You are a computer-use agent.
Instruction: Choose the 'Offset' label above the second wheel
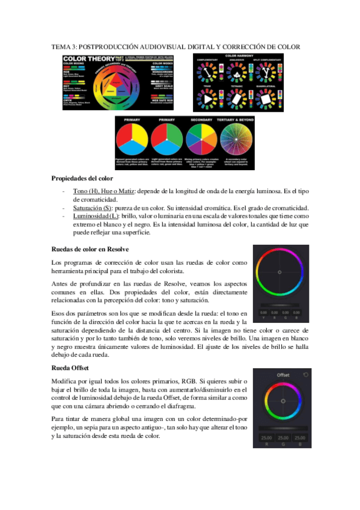pyautogui.click(x=282, y=375)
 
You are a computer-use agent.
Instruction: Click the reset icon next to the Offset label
pyautogui.click(x=305, y=375)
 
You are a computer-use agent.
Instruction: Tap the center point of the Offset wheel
pyautogui.click(x=282, y=401)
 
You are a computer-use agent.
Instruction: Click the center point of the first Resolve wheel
pyautogui.click(x=281, y=274)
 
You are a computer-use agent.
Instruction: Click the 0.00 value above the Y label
pyautogui.click(x=263, y=313)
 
